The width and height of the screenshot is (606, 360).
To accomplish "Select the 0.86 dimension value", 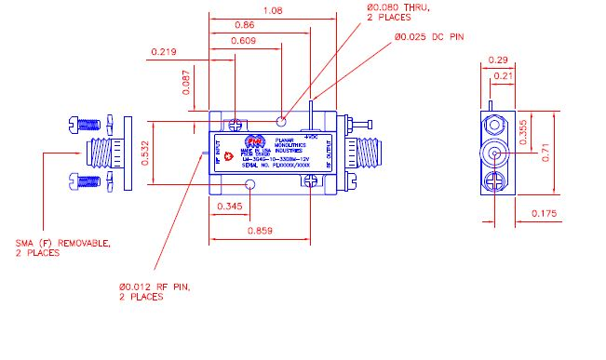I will point(244,25).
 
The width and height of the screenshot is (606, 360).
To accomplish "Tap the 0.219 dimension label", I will point(163,52).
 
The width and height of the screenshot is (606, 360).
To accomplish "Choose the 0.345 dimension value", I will point(231,206).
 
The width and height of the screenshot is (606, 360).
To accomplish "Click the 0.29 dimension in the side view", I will point(497,60).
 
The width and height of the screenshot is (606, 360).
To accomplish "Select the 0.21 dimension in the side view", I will point(502,75).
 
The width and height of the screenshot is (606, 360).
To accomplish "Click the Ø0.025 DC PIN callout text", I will point(429,36).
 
